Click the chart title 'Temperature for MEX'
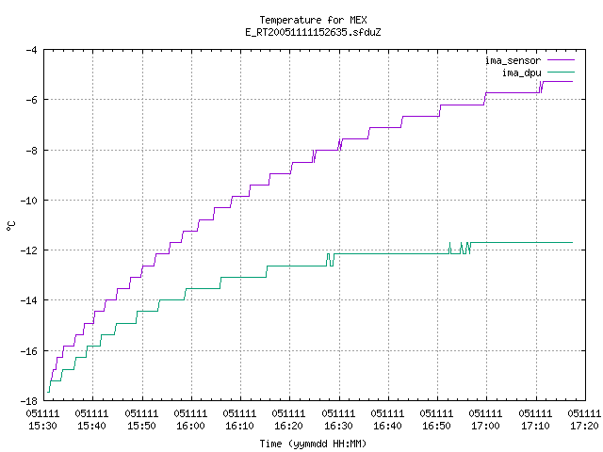pyautogui.click(x=313, y=20)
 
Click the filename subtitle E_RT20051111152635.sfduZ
pyautogui.click(x=313, y=32)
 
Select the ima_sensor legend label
pyautogui.click(x=513, y=60)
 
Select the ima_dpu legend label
pyautogui.click(x=521, y=73)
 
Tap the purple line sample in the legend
pyautogui.click(x=561, y=60)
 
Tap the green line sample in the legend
pyautogui.click(x=561, y=72)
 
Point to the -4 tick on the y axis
pyautogui.click(x=31, y=50)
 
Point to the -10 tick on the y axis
pyautogui.click(x=28, y=201)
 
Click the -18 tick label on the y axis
pyautogui.click(x=28, y=401)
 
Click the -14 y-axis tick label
pyautogui.click(x=28, y=300)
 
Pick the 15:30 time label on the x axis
pyautogui.click(x=42, y=426)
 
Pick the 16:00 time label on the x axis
pyautogui.click(x=190, y=426)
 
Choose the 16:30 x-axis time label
pyautogui.click(x=338, y=426)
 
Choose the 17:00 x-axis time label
pyautogui.click(x=485, y=426)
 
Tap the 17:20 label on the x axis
pyautogui.click(x=584, y=426)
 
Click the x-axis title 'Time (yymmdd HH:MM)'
pyautogui.click(x=313, y=444)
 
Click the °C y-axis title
pyautogui.click(x=11, y=226)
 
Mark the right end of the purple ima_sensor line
pyautogui.click(x=572, y=82)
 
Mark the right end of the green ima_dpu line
pyautogui.click(x=572, y=243)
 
